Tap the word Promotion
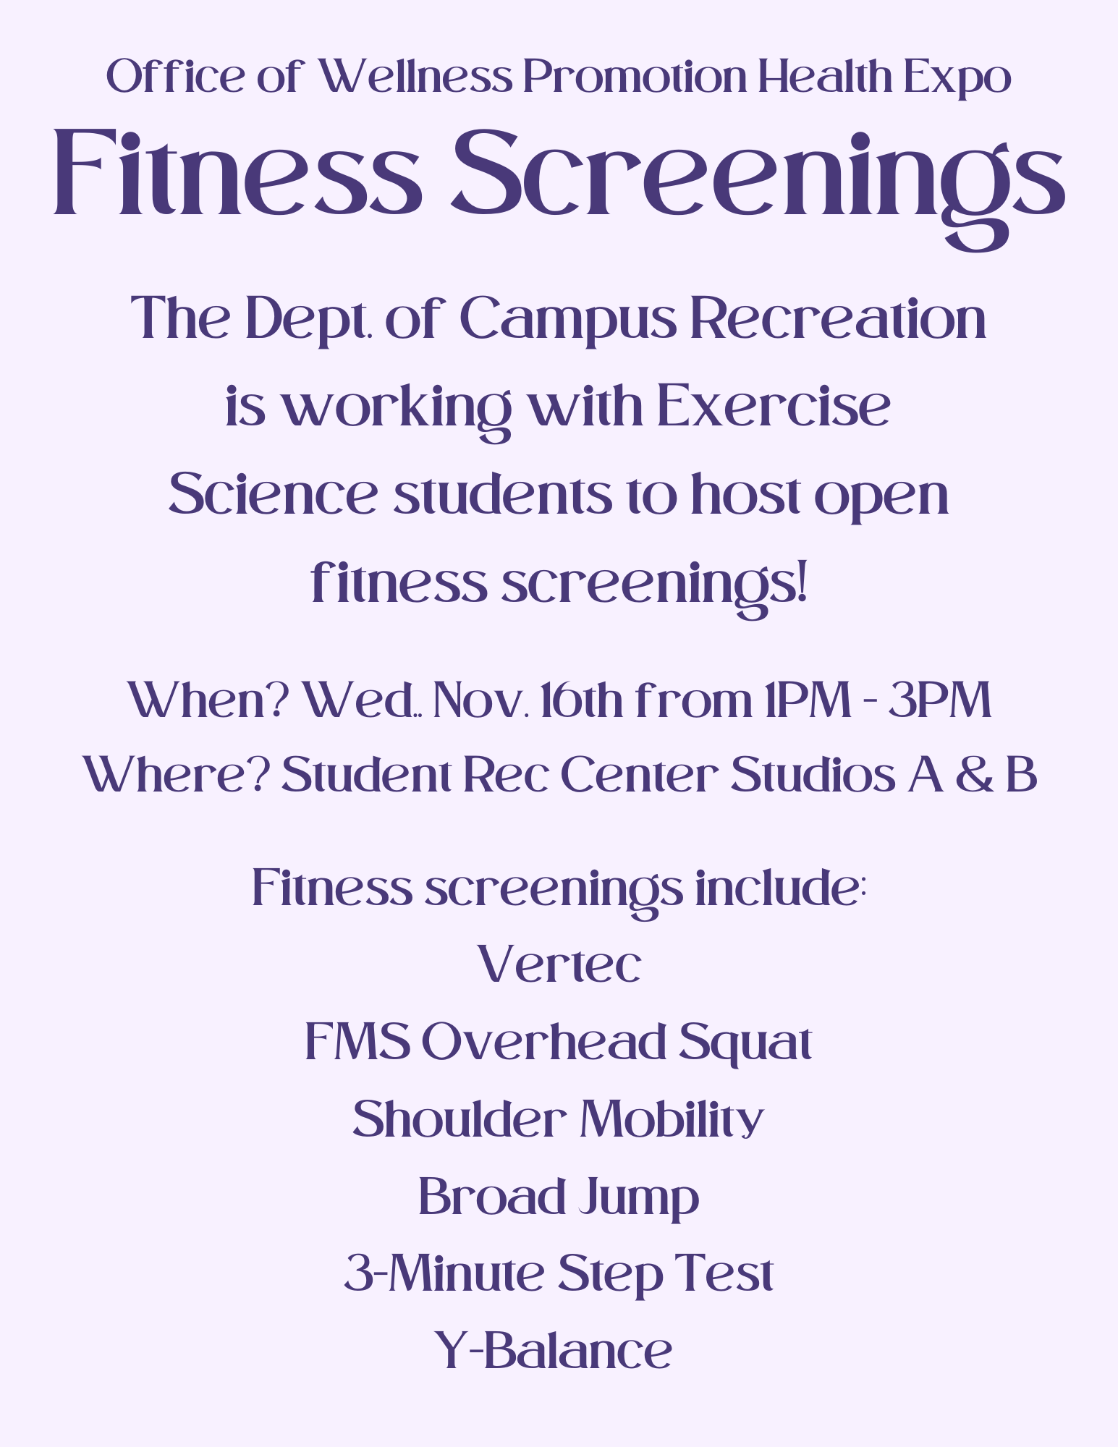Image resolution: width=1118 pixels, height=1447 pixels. (x=635, y=77)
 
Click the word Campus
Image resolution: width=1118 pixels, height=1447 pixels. (x=568, y=320)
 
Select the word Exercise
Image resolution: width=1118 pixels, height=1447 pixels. (x=774, y=406)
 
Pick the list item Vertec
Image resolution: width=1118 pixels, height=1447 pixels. (x=559, y=964)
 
